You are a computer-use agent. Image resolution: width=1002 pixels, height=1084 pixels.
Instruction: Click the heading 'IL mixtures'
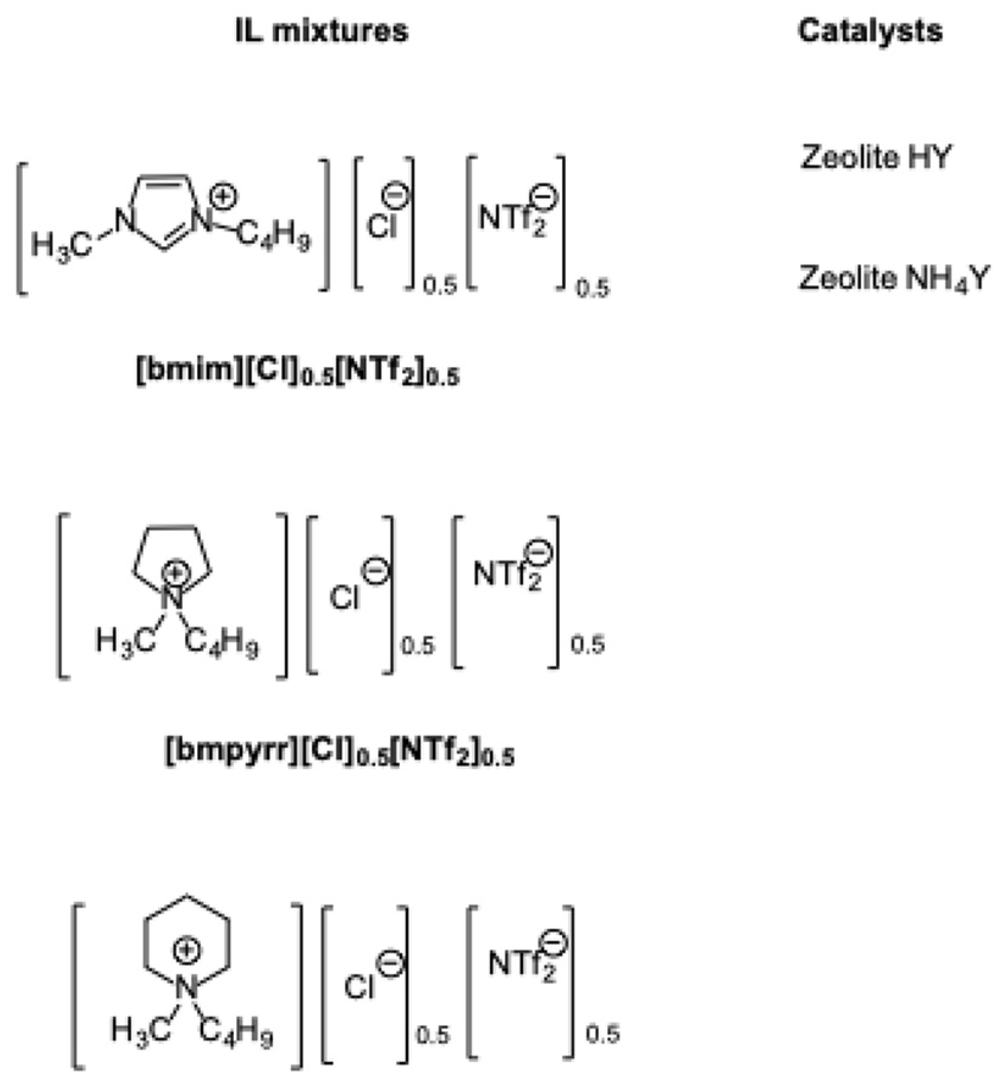point(322,31)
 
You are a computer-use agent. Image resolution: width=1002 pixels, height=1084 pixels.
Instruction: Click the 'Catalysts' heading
point(870,31)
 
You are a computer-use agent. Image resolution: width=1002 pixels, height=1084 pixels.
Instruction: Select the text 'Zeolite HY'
point(876,157)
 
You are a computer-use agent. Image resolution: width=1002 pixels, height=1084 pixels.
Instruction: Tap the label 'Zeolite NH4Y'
point(893,278)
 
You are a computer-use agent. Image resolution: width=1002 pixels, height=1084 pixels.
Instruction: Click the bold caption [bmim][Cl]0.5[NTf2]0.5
point(297,372)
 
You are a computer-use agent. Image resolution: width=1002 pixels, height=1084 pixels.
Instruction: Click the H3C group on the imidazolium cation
point(61,245)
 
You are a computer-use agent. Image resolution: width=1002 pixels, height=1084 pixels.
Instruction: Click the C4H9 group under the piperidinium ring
point(237,1032)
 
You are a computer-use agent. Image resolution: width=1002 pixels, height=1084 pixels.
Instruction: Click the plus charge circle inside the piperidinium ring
point(187,950)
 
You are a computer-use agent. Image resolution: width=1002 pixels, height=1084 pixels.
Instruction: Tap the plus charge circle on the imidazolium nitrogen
point(224,197)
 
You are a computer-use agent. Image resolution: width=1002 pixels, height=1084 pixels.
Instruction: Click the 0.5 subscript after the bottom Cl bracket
point(433,1035)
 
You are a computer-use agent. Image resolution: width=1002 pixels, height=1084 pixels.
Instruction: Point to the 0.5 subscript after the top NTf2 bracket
point(593,287)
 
